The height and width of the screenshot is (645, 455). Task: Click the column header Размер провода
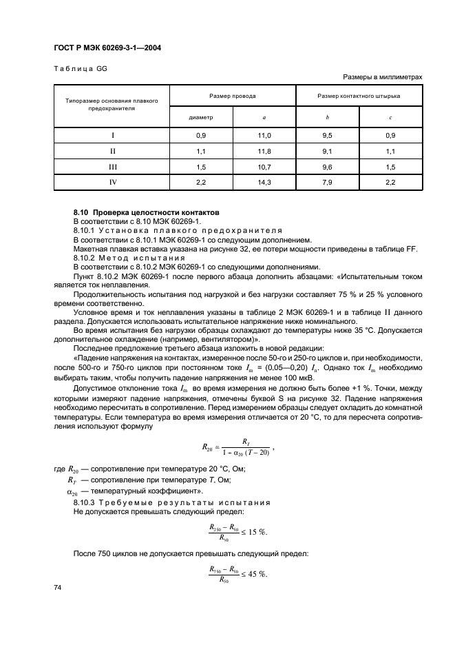click(233, 96)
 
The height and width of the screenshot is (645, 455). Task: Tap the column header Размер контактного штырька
click(359, 96)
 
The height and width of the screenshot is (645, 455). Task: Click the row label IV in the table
click(112, 182)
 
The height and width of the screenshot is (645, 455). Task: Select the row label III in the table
click(112, 167)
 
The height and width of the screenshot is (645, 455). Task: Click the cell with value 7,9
click(328, 182)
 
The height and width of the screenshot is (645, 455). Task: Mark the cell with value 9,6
click(328, 167)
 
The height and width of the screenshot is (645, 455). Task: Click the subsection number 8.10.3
click(86, 503)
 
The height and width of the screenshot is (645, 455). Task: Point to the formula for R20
click(238, 447)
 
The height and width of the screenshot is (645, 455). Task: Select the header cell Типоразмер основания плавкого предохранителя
click(112, 104)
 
